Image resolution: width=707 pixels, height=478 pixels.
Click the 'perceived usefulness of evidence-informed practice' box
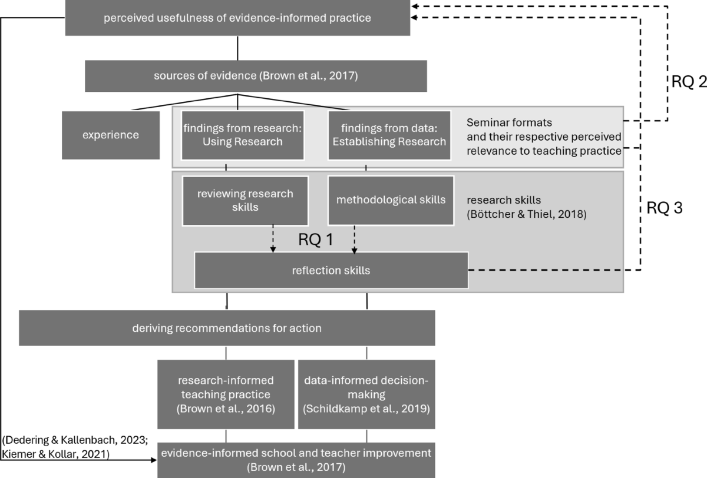coord(237,18)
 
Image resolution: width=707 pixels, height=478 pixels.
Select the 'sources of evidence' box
coord(256,75)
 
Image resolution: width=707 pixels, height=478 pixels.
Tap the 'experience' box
coord(111,135)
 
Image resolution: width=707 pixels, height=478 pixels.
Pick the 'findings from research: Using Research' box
coord(243,135)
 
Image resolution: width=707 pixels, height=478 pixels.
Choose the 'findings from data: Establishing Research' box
coord(389,135)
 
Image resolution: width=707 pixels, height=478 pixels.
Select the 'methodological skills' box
coord(391,200)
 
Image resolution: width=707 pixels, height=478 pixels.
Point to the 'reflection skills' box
coord(331,270)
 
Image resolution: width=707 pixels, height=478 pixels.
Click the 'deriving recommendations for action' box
coord(227,328)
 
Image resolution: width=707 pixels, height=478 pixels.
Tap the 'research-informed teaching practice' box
coord(226,394)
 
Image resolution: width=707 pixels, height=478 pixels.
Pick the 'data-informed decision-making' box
coord(366,394)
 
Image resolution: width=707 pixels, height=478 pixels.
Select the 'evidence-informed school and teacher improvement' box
coord(296,460)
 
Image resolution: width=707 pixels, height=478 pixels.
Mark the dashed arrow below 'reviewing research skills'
coord(273,239)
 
